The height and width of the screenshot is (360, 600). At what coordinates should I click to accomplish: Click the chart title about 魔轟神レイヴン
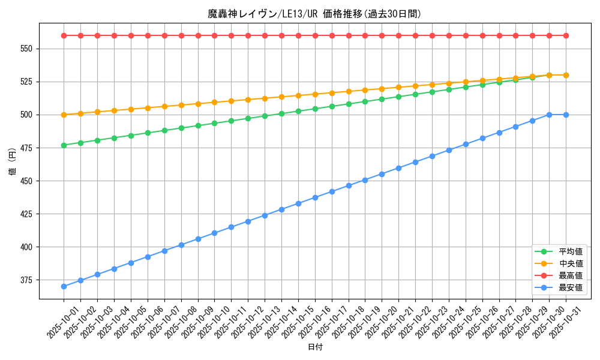pos(314,14)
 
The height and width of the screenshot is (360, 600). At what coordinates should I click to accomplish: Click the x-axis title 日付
pos(314,347)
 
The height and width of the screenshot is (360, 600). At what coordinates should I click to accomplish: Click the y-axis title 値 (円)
pos(13,162)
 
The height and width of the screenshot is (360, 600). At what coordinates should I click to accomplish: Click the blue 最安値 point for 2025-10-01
pos(64,286)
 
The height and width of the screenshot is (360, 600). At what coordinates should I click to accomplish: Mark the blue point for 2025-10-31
pos(566,115)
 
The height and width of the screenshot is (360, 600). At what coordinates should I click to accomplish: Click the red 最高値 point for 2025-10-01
pos(64,35)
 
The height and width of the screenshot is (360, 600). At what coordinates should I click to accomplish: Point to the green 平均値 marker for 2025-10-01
pos(64,145)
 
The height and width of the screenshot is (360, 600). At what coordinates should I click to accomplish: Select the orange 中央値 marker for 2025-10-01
pos(64,115)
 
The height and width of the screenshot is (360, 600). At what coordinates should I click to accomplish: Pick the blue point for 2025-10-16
pos(315,197)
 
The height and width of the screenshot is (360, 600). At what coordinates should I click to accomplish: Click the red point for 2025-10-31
pos(566,35)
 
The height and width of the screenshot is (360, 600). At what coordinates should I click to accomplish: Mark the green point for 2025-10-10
pos(214,123)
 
